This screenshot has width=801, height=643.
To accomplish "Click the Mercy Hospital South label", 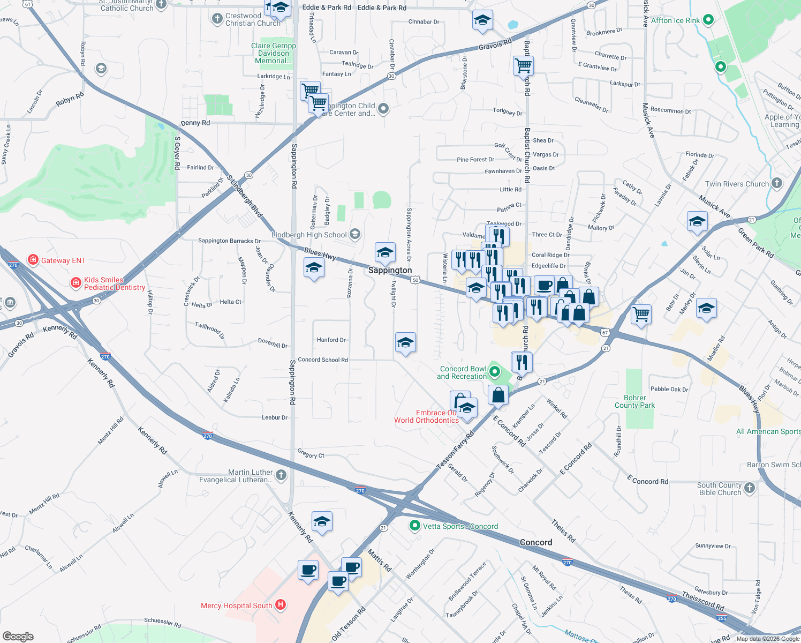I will click(237, 605).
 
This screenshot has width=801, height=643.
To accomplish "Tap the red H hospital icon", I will click(281, 605).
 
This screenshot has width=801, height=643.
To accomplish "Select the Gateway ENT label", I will click(63, 260).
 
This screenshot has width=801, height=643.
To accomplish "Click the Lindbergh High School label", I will click(309, 235).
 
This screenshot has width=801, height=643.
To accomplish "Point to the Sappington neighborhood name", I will click(390, 270).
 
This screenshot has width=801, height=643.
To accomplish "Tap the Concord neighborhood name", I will click(535, 542).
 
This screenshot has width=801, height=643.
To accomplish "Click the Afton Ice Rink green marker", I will click(708, 20).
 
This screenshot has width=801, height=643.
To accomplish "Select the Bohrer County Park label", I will click(634, 401).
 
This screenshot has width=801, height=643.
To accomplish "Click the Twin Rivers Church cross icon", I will click(777, 184).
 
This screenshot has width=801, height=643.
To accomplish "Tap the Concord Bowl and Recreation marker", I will click(495, 371).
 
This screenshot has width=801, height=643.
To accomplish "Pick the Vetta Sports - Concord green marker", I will click(414, 526).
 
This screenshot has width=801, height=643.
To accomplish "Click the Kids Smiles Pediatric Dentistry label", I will click(114, 283).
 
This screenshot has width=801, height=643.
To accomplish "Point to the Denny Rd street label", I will click(195, 123).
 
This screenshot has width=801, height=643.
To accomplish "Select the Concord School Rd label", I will click(323, 360).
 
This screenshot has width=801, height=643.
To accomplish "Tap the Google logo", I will click(18, 636).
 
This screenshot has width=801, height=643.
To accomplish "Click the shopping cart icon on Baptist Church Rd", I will click(523, 66).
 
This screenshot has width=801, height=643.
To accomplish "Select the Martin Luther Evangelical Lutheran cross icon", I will click(281, 475).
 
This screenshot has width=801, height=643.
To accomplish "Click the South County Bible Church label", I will click(720, 489).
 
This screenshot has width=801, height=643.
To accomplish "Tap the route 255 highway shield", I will click(722, 618).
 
